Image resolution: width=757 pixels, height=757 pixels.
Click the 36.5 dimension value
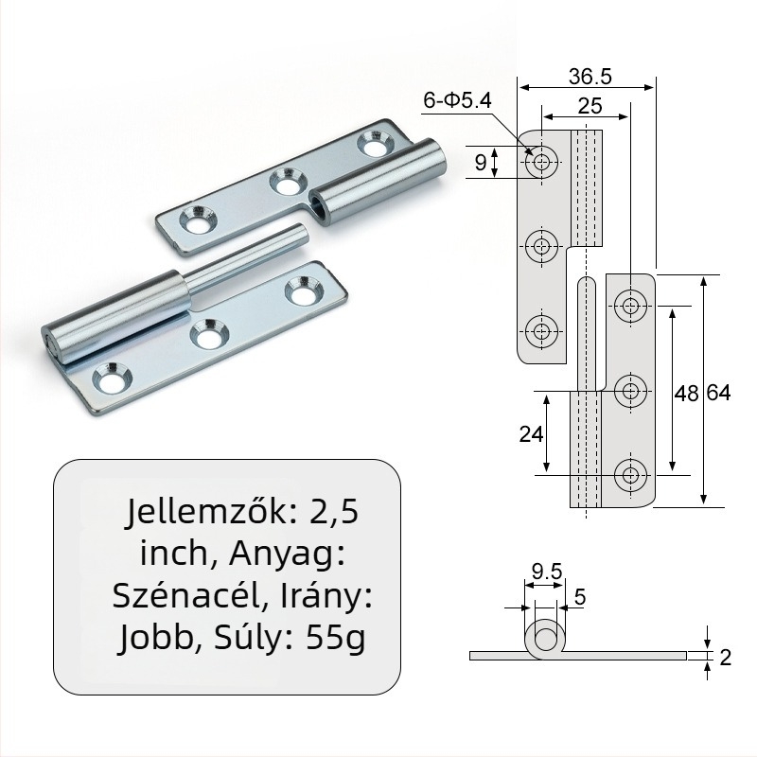588,74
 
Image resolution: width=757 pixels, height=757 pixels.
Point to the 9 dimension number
481,163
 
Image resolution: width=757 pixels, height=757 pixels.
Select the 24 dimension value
531,433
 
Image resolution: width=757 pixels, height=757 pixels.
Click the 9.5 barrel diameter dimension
547,571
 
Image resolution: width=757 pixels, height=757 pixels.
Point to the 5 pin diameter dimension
579,596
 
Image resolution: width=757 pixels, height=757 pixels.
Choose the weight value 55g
335,639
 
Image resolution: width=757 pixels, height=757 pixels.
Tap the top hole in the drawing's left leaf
542,163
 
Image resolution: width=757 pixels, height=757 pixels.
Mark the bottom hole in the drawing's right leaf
630,474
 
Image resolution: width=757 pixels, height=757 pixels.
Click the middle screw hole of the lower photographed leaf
208,333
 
